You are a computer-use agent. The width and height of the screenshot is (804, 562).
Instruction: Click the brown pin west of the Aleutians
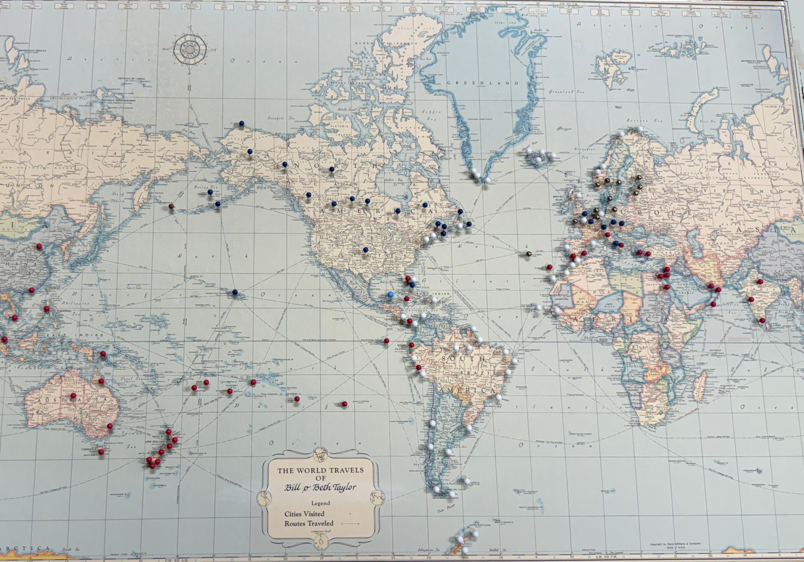click(x=171, y=206)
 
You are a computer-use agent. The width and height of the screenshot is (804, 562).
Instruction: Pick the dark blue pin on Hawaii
click(x=235, y=292)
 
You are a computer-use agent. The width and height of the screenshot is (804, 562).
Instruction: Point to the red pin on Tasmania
click(x=101, y=452)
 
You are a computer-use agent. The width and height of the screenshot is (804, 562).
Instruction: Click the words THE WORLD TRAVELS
click(x=320, y=470)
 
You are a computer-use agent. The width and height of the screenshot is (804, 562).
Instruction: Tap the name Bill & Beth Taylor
click(x=320, y=487)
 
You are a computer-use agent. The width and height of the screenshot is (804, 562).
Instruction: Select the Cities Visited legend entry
click(x=304, y=514)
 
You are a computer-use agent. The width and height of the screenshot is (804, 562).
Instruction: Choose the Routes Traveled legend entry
click(x=309, y=524)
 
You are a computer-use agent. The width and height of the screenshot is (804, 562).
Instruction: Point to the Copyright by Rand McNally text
click(x=675, y=544)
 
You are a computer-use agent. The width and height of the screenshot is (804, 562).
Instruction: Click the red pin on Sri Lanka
click(x=762, y=321)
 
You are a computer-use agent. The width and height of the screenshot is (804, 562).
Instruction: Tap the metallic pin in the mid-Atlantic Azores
click(x=528, y=253)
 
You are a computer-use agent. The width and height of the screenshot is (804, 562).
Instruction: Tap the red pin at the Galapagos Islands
click(x=386, y=340)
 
